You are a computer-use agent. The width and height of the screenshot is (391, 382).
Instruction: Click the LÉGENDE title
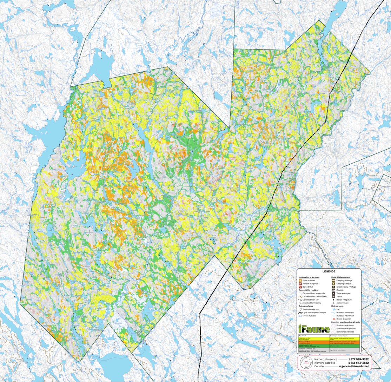pyautogui.click(x=329, y=271)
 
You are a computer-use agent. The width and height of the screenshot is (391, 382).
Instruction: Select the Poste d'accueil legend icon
pyautogui.click(x=300, y=281)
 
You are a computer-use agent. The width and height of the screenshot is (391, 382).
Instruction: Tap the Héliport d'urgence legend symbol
pyautogui.click(x=300, y=284)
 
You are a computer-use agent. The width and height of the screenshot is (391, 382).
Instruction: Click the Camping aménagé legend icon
pyautogui.click(x=333, y=281)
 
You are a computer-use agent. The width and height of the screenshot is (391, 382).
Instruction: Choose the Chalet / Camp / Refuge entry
pyautogui.click(x=345, y=287)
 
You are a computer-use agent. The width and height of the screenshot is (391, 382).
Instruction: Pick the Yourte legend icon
pyautogui.click(x=333, y=296)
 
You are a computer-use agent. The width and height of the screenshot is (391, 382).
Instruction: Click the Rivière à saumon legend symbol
pyautogui.click(x=333, y=319)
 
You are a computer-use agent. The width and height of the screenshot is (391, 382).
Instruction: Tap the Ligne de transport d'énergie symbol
pyautogui.click(x=300, y=312)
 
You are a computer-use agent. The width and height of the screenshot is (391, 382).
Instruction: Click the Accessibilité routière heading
pyautogui.click(x=311, y=290)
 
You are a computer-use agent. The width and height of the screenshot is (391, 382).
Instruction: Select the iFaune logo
pyautogui.click(x=313, y=329)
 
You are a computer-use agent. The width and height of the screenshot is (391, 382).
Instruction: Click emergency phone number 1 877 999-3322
pyautogui.click(x=358, y=360)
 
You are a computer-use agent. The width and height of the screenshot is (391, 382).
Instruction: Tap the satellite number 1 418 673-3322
pyautogui.click(x=358, y=363)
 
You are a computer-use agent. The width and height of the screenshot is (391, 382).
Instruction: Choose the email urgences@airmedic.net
pyautogui.click(x=354, y=366)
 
